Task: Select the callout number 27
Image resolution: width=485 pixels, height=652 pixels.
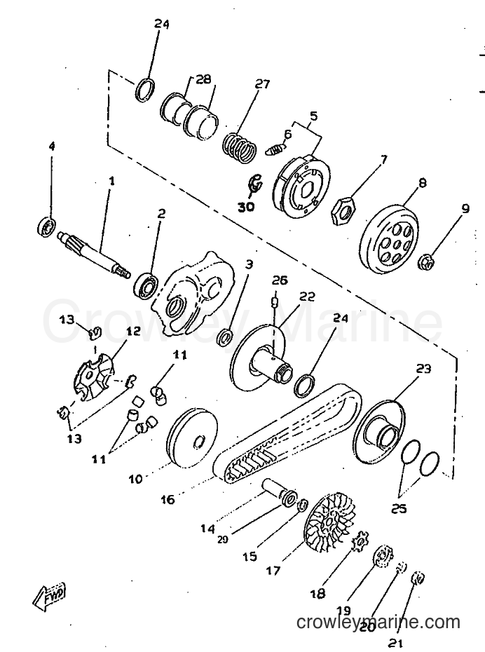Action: point(262,84)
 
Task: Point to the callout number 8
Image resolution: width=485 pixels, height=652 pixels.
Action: point(422,183)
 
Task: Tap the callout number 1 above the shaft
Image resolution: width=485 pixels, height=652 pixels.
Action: point(111,182)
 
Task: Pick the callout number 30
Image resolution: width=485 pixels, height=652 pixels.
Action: point(246,206)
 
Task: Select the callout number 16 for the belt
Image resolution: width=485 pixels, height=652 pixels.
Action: point(168,499)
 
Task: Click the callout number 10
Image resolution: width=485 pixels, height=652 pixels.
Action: point(135,479)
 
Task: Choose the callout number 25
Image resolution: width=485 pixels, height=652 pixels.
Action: point(399,508)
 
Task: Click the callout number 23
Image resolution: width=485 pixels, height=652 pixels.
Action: point(423,369)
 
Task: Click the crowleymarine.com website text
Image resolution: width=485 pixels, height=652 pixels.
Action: point(378,623)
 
